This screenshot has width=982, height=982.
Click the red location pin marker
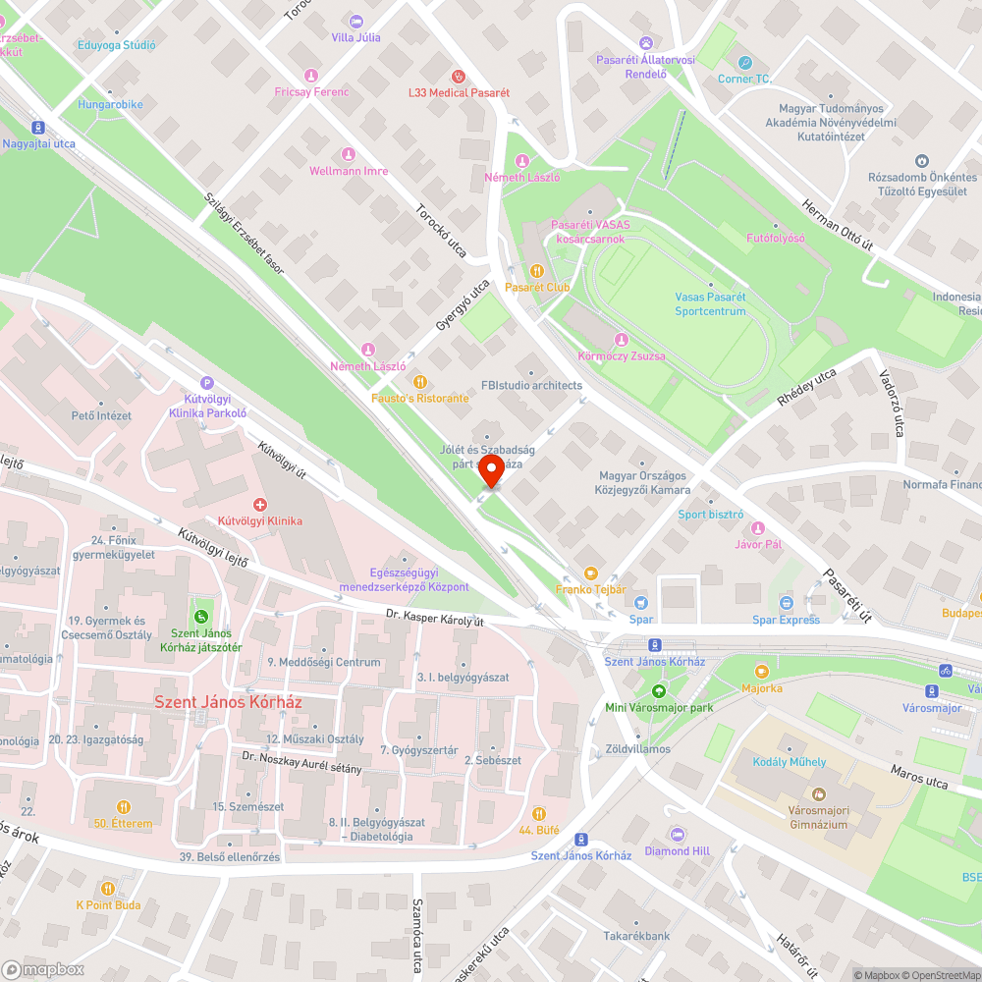[x=491, y=469]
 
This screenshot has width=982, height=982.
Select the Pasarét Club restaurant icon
[x=536, y=270]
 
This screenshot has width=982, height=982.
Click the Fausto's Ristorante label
[x=419, y=398]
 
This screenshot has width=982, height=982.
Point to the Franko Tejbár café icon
[x=590, y=573]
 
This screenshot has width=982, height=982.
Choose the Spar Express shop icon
[x=786, y=602]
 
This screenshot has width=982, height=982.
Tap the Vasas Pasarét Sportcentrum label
[x=710, y=304]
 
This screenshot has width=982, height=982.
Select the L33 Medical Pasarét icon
[x=457, y=76]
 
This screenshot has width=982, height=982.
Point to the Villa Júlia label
[x=355, y=37]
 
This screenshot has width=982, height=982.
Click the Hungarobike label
[x=111, y=104]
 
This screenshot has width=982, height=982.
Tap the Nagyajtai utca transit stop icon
[x=38, y=127]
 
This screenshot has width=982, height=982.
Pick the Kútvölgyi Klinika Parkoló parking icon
[x=206, y=383]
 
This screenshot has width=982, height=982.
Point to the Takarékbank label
[x=636, y=936]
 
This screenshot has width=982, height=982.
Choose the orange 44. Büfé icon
[x=538, y=813]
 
